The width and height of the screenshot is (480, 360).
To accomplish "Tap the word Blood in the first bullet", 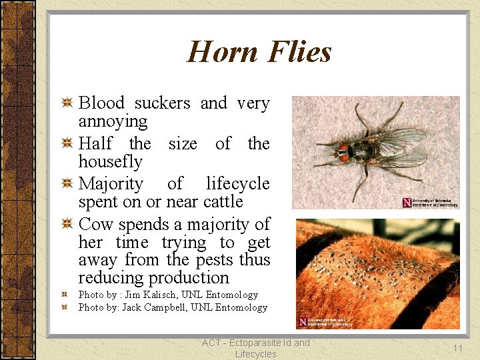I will pyautogui.click(x=101, y=103).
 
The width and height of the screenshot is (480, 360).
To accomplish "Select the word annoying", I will pyautogui.click(x=113, y=121).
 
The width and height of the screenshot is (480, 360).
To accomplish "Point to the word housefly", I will pyautogui.click(x=110, y=162).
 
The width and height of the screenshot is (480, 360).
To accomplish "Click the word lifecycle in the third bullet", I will pyautogui.click(x=237, y=183).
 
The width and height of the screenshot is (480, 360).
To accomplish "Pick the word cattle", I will pyautogui.click(x=223, y=201).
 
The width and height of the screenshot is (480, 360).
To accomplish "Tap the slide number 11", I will pyautogui.click(x=457, y=348).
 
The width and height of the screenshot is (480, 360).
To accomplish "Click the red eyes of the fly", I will pyautogui.click(x=343, y=153).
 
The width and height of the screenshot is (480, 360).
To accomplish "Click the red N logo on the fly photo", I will pyautogui.click(x=407, y=202).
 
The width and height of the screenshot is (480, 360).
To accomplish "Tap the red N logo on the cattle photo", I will pyautogui.click(x=303, y=321).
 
